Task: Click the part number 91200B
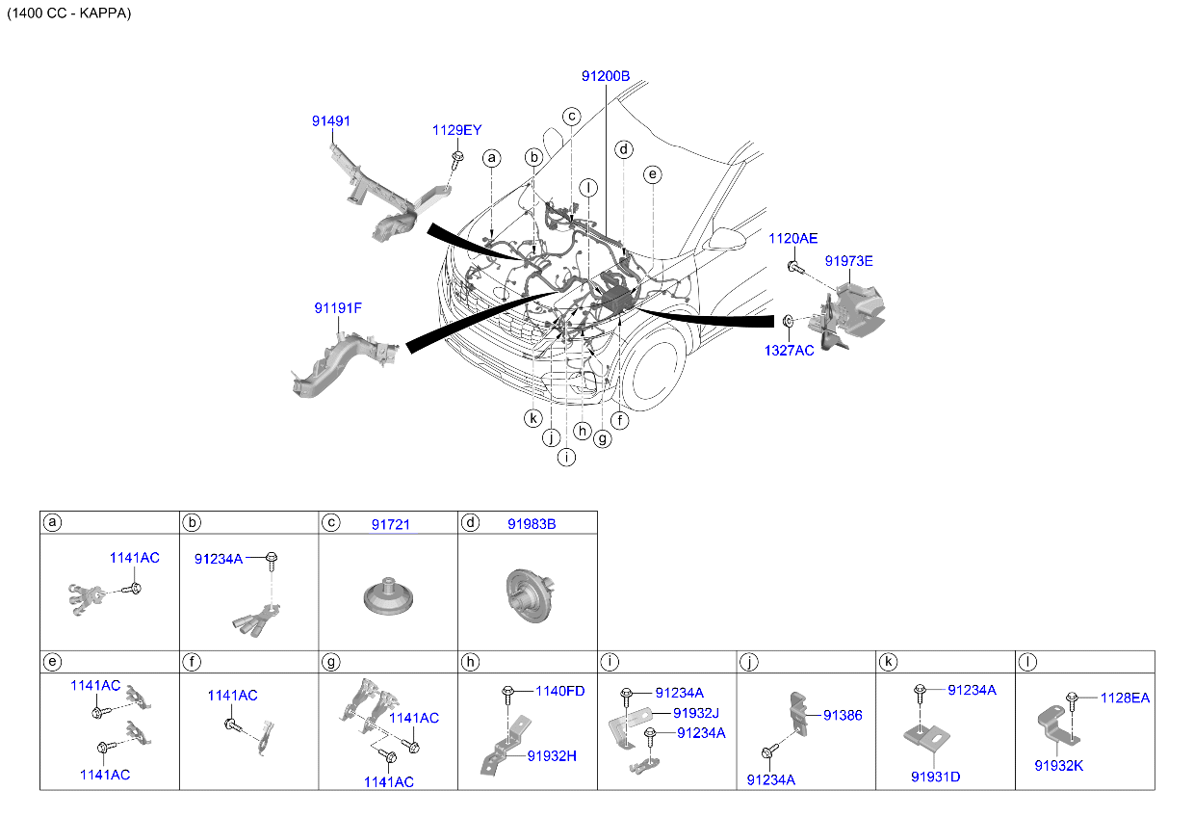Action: pos(606,76)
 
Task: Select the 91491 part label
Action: pos(331,121)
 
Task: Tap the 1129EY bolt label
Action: pos(456,130)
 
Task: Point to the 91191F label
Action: pos(338,308)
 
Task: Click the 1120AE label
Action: pos(793,238)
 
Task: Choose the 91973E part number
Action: pos(849,261)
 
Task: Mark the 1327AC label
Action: pos(790,351)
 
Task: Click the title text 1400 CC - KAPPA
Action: pos(69,13)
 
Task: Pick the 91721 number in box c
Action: pos(391,525)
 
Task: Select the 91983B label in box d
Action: pos(532,524)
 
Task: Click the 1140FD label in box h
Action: pos(560,691)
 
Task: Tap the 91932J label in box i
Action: pos(696,713)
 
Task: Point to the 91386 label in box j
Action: pos(843,715)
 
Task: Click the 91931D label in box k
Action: pos(936,777)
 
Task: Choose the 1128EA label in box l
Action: pos(1126,698)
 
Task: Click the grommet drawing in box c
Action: pos(388,596)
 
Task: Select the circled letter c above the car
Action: pos(572,117)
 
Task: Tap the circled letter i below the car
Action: pos(566,457)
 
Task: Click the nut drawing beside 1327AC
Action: pos(789,321)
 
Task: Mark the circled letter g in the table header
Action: pos(331,662)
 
